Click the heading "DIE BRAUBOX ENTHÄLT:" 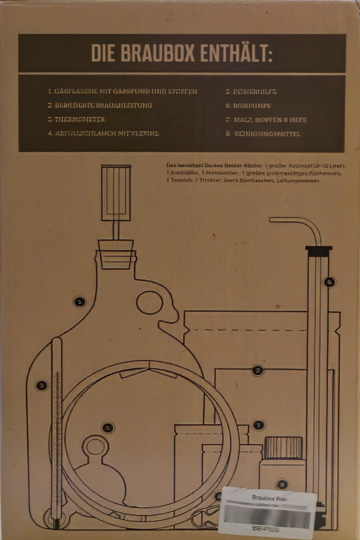(182, 53)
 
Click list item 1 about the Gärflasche (122, 92)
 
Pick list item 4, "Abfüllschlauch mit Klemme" (103, 134)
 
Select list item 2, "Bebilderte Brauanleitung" (100, 106)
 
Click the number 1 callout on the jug (79, 302)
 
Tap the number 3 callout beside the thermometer (41, 385)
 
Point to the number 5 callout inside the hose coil (107, 428)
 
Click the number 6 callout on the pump (328, 281)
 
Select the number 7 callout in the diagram (258, 425)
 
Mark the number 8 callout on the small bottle (282, 484)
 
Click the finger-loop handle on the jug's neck (149, 302)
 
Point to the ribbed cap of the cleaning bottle (283, 448)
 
